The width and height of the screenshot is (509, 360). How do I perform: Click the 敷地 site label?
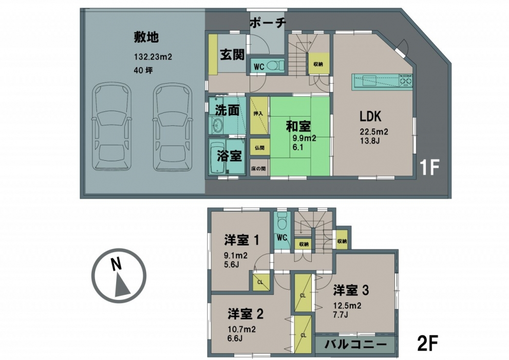(146, 37)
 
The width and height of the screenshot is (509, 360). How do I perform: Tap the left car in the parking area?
(112, 127)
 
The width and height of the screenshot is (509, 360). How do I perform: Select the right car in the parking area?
(173, 127)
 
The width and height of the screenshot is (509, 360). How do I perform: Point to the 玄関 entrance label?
(233, 54)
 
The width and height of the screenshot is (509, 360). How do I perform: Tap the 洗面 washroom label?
(227, 110)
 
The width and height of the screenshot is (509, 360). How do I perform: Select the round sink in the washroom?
(217, 124)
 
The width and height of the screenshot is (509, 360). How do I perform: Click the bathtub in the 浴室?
(217, 157)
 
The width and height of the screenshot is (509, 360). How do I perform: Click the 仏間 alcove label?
(259, 148)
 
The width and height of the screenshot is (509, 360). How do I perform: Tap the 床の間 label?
(259, 169)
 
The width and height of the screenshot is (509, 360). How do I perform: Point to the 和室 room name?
(298, 126)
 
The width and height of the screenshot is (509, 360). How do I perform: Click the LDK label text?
(370, 116)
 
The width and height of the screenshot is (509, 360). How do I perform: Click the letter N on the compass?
(116, 264)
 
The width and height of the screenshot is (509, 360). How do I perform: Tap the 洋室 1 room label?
(241, 240)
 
